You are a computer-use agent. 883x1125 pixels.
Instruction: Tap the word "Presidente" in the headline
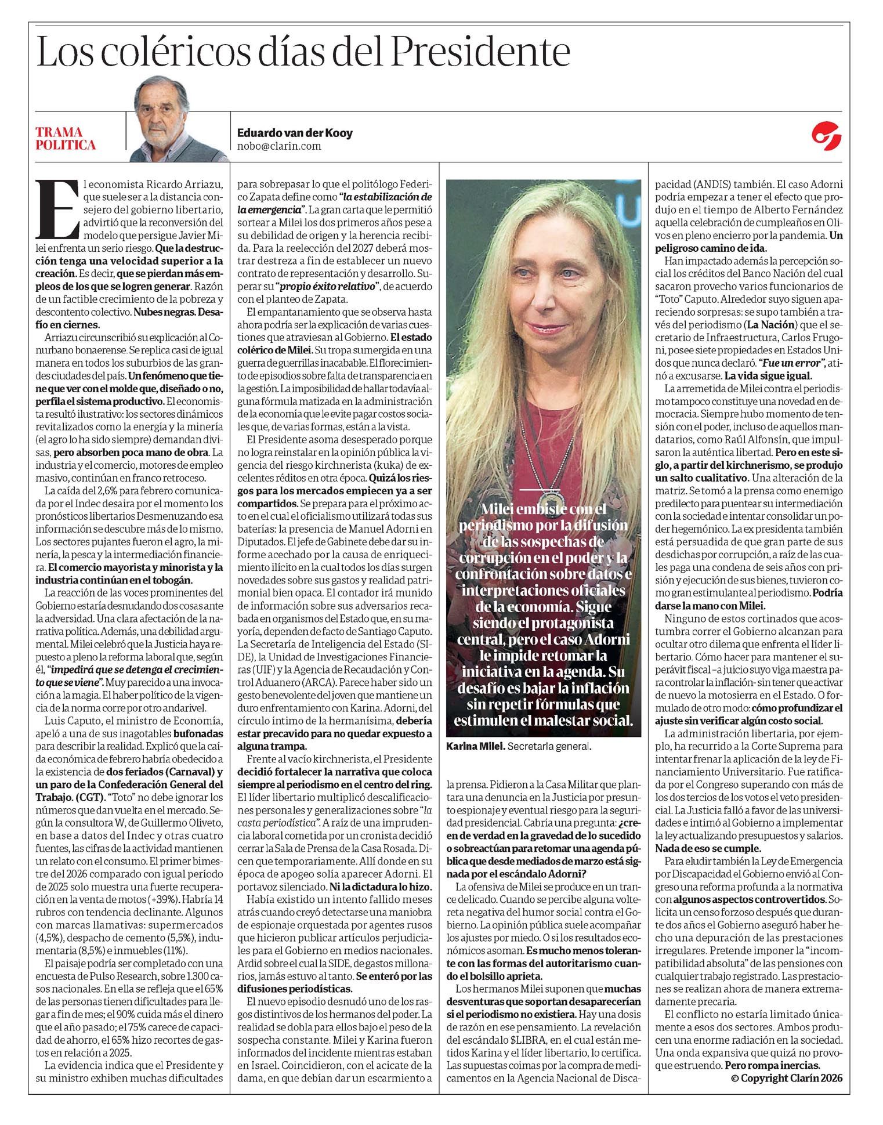(481, 53)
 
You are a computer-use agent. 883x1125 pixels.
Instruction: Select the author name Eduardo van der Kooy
(295, 133)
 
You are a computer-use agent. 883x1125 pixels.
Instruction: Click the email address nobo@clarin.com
(279, 146)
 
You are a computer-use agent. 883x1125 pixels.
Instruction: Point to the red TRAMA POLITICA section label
(65, 139)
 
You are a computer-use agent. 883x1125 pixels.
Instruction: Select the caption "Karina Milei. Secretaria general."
(519, 747)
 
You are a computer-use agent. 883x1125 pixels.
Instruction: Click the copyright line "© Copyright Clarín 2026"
(786, 1077)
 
